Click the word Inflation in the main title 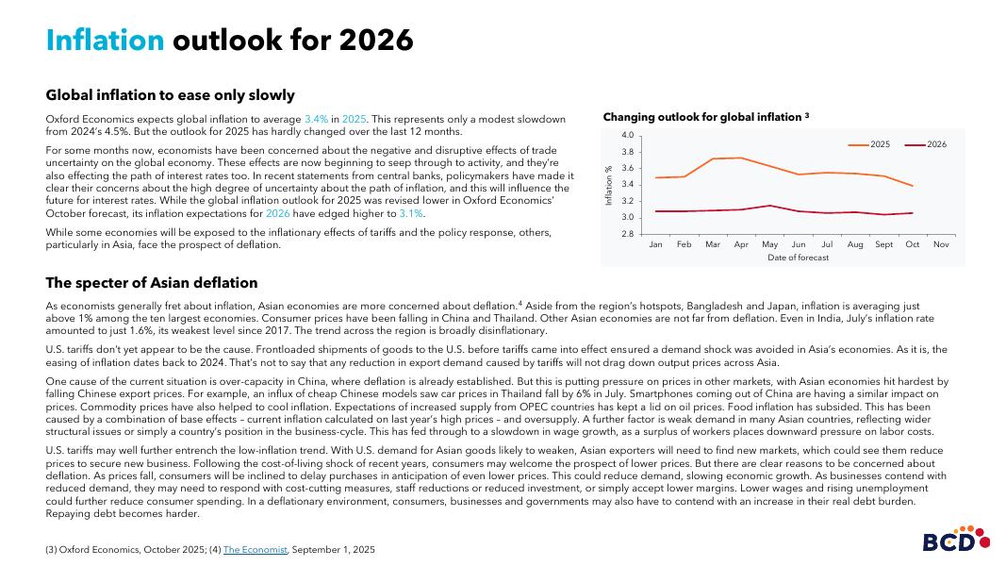[105, 40]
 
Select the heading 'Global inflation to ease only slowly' [170, 95]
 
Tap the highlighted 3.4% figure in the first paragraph [316, 119]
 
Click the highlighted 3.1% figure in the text [410, 213]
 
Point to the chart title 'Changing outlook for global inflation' [702, 117]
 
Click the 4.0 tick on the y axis [627, 136]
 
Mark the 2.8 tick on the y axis [627, 233]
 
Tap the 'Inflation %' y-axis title [608, 185]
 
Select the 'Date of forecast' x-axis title [798, 258]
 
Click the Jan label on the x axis [655, 244]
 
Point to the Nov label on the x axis [940, 244]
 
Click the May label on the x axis [769, 244]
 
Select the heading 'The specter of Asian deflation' [151, 283]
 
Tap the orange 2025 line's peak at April [741, 158]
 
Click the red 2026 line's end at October [912, 213]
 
